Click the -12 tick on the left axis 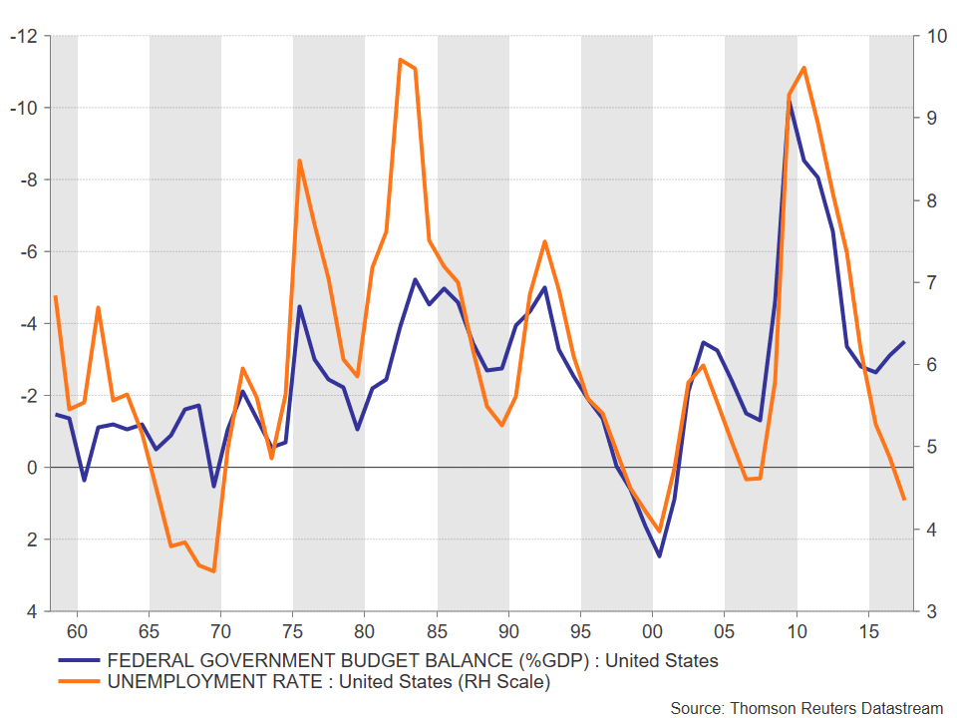point(23,36)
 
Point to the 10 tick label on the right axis point(937,36)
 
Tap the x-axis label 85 point(437,631)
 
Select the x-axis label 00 point(652,631)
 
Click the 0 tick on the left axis point(32,468)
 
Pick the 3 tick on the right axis point(931,611)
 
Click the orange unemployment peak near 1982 point(400,59)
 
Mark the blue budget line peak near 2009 point(791,103)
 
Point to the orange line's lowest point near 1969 point(213,571)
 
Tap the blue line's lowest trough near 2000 point(659,556)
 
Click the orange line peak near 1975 point(299,161)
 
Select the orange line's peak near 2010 point(803,67)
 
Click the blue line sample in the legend point(79,660)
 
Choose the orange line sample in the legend point(79,681)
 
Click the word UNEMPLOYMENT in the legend point(215,681)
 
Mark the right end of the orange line point(904,499)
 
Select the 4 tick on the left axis point(32,611)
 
